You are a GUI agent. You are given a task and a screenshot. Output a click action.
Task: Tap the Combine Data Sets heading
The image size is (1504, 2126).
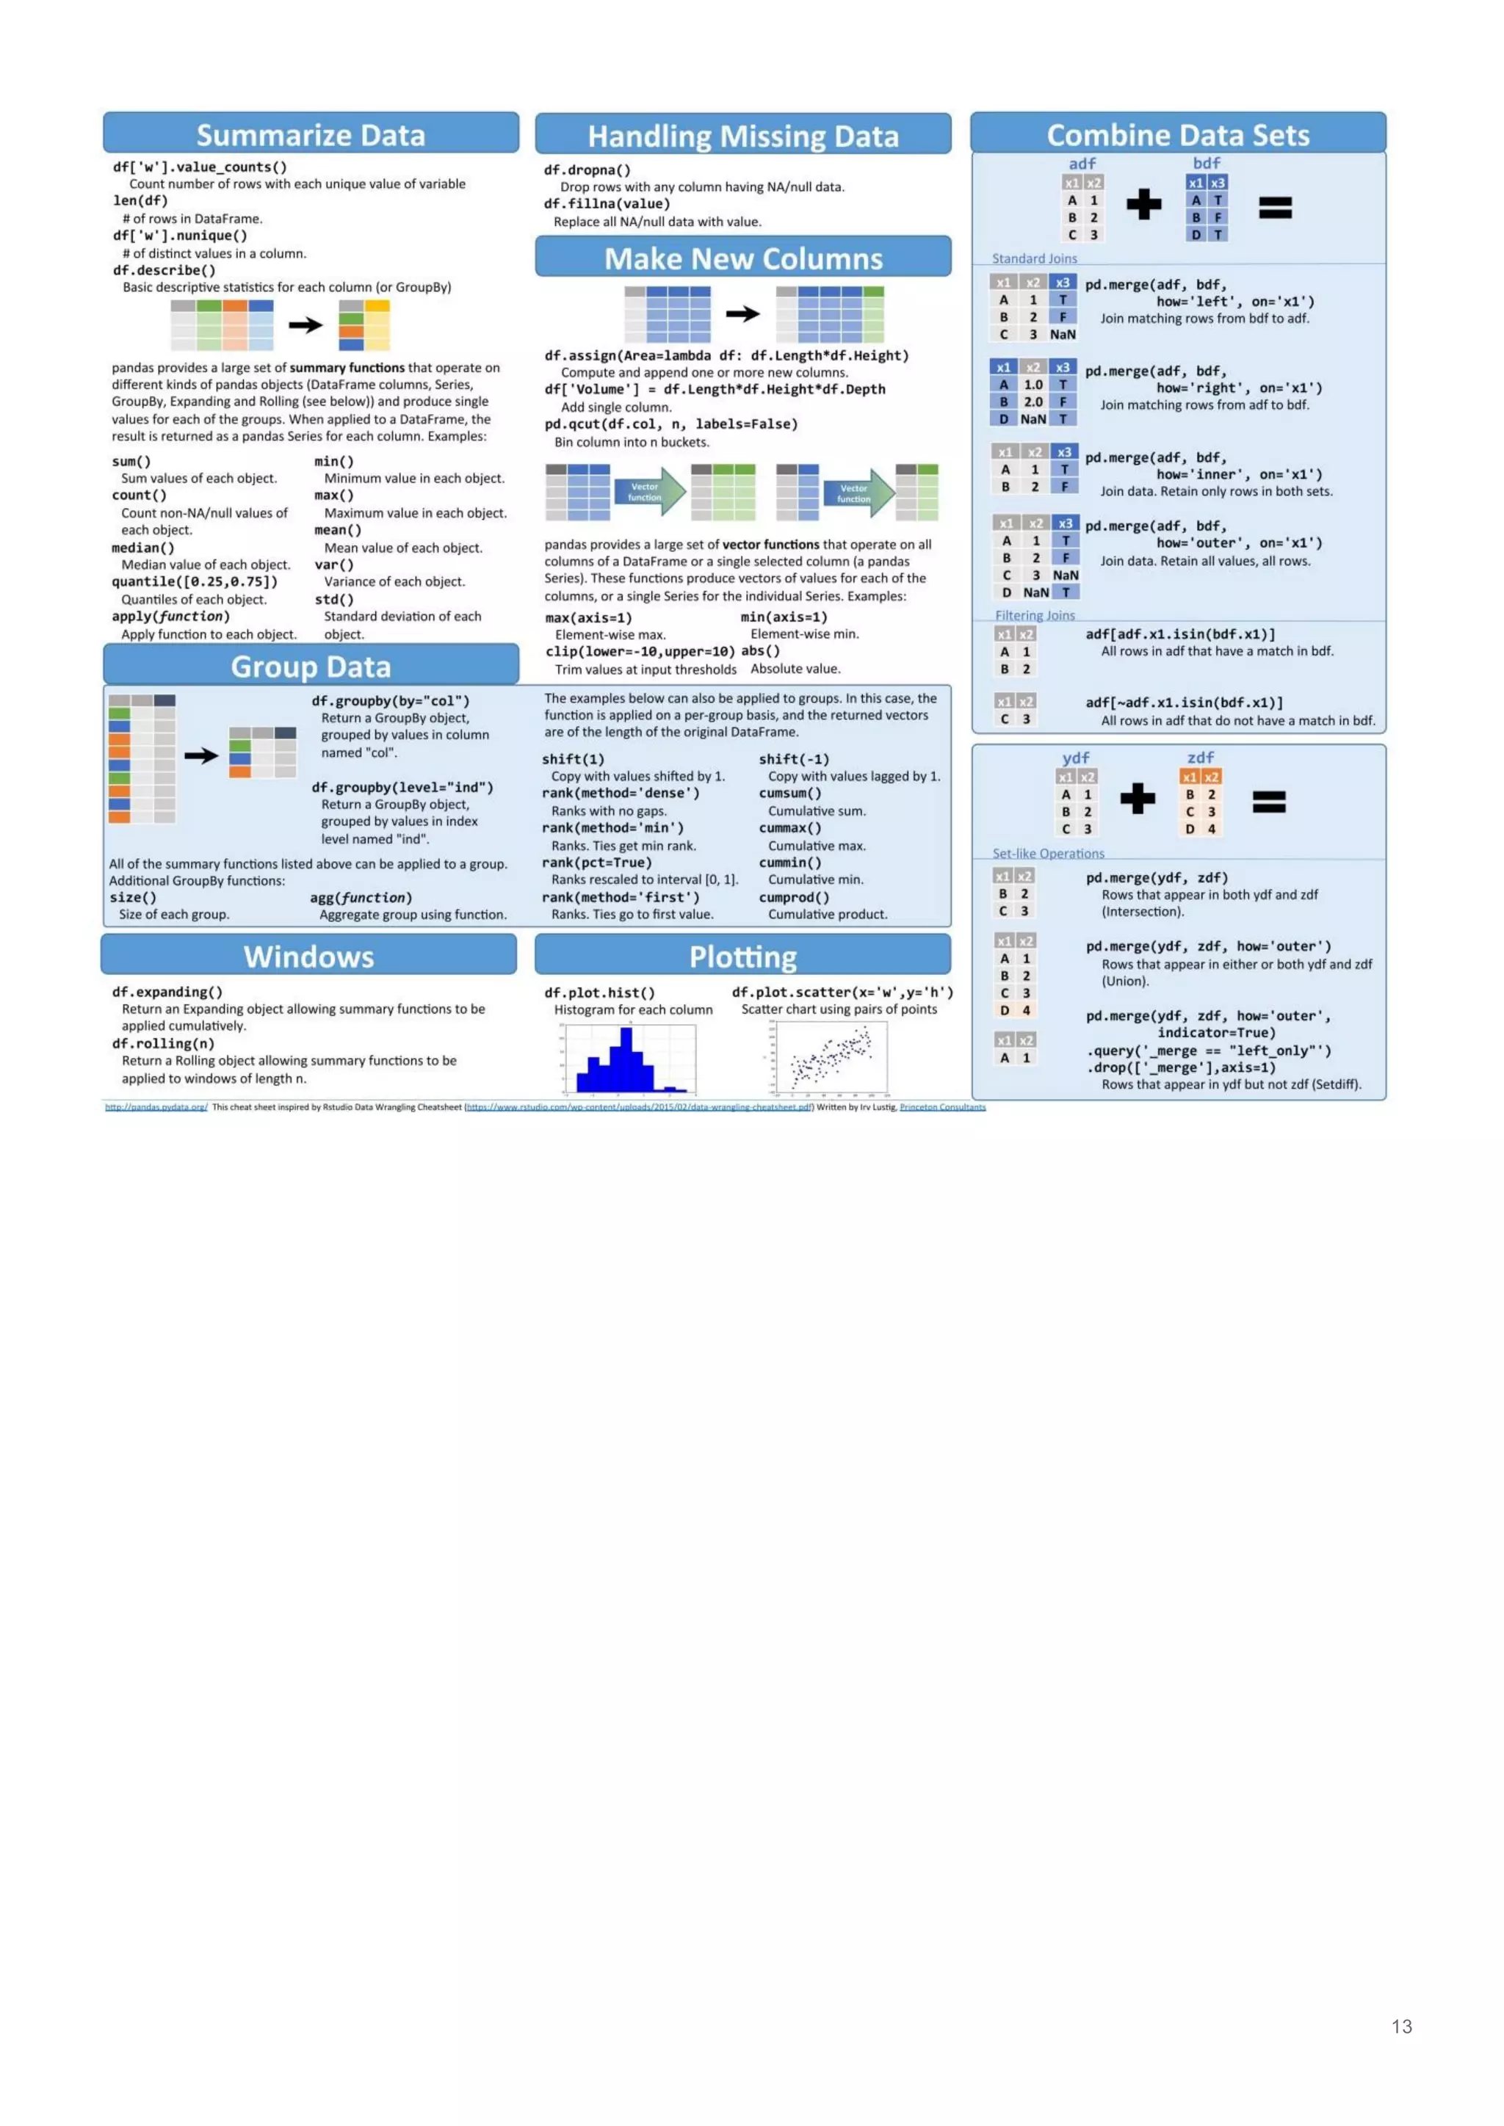1177,135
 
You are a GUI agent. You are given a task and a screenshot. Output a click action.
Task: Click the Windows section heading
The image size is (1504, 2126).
308,957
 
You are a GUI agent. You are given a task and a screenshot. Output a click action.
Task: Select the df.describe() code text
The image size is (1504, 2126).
164,270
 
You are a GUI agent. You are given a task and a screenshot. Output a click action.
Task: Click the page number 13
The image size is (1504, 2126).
1401,2027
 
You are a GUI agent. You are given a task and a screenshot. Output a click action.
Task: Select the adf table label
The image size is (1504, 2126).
1082,163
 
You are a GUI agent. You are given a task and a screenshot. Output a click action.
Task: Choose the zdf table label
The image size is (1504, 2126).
1200,758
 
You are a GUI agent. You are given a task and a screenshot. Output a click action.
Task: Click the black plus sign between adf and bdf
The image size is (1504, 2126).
1143,203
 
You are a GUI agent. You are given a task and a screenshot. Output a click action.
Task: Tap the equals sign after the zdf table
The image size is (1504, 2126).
1269,801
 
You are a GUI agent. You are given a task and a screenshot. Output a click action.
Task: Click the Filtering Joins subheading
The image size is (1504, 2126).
1035,615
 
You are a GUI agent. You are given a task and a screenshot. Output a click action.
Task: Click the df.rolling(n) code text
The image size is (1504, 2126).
163,1044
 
